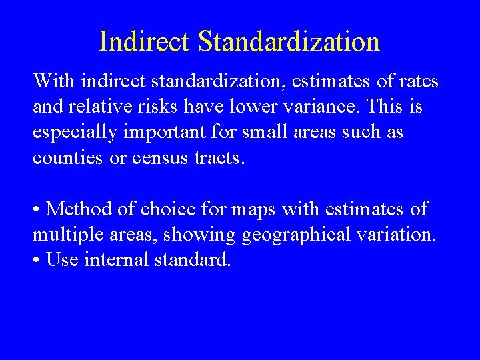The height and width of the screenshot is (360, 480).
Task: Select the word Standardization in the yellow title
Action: [289, 41]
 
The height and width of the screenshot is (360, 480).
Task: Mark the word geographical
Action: [300, 234]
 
